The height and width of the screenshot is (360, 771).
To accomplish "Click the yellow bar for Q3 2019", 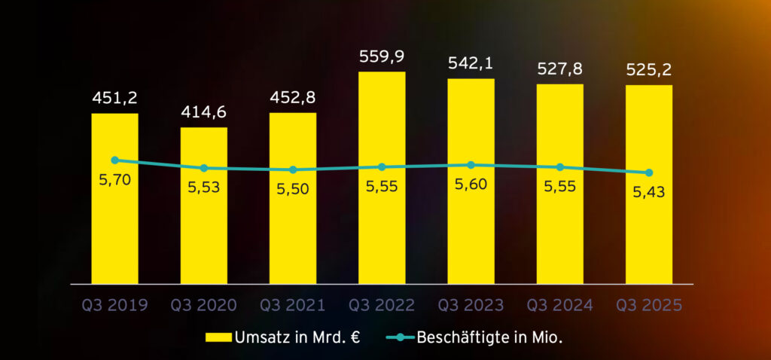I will click(x=114, y=226).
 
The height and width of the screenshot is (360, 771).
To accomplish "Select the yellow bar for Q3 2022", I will click(x=382, y=226).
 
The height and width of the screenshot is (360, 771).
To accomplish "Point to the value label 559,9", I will click(x=382, y=57).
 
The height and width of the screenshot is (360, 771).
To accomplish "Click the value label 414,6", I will click(x=203, y=113).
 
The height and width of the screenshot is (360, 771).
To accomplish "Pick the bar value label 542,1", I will click(x=471, y=63).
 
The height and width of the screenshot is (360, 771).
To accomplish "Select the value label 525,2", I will click(x=649, y=70).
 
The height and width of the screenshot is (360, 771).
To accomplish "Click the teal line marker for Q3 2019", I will click(x=114, y=160).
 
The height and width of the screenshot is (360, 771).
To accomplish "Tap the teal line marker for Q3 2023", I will click(x=471, y=164).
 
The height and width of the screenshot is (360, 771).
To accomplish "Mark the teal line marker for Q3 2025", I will click(x=649, y=172).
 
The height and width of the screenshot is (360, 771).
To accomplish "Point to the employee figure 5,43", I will click(x=649, y=192).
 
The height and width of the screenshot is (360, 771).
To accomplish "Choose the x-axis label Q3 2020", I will click(x=203, y=305).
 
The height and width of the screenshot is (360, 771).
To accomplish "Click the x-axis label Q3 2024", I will click(x=559, y=305).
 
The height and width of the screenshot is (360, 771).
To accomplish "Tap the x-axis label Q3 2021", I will click(x=292, y=305).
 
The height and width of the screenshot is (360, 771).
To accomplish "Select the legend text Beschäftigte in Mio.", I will click(x=490, y=337).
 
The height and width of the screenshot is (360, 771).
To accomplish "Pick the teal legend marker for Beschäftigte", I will click(x=400, y=337).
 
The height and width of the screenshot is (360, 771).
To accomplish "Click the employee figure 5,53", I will click(x=203, y=187).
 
